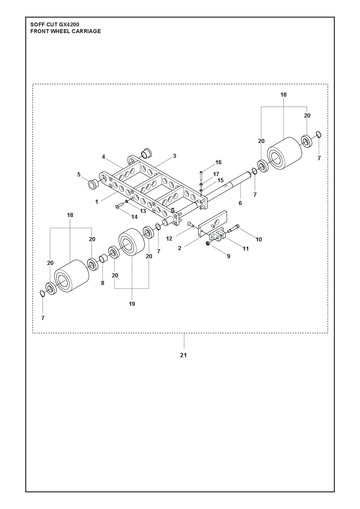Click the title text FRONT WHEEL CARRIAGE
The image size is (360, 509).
point(65,31)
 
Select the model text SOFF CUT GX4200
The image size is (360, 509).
point(55,25)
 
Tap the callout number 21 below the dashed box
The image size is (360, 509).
point(183,355)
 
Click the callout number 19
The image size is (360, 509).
point(132,304)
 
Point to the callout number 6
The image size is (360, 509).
point(240,203)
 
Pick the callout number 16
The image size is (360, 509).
point(218,162)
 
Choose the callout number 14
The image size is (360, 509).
point(134,217)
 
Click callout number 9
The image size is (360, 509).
point(228,256)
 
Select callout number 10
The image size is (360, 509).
point(259,239)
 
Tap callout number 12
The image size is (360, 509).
point(169,239)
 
